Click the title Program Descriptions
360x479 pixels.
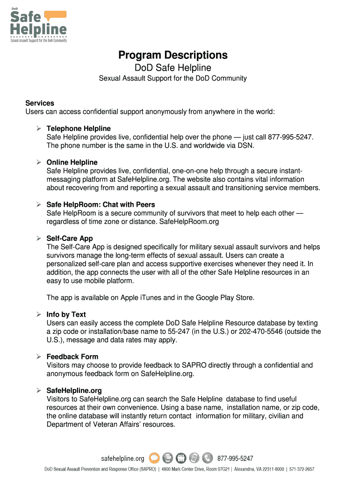click(x=173, y=55)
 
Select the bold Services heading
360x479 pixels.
click(x=40, y=103)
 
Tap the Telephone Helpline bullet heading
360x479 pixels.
click(x=79, y=129)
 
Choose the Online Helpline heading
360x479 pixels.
click(x=72, y=162)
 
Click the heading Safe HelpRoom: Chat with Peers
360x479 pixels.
click(x=101, y=205)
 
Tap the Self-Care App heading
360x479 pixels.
click(x=70, y=239)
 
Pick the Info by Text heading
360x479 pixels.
click(x=66, y=315)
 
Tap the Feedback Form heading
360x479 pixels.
click(x=72, y=357)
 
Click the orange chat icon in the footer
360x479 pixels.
click(x=154, y=458)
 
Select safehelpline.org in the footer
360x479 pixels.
click(x=123, y=458)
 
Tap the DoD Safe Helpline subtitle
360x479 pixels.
click(x=173, y=68)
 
